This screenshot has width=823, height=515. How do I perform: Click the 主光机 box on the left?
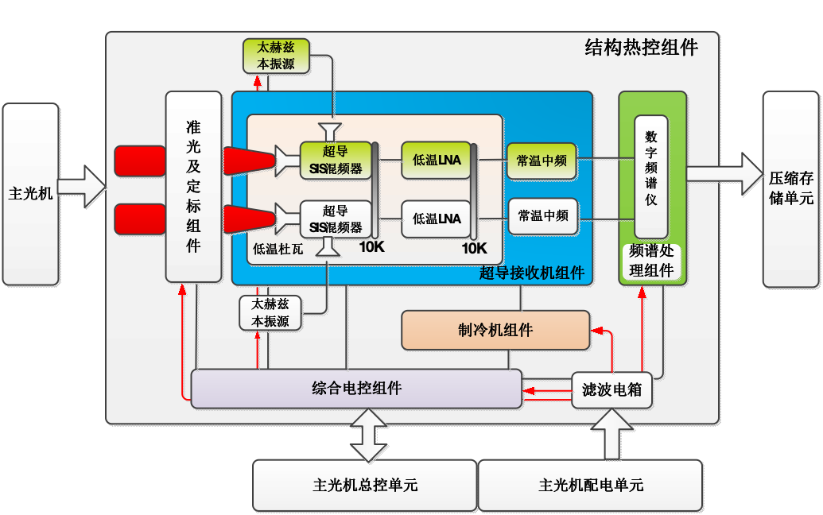coord(30,193)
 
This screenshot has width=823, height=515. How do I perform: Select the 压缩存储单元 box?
coord(790,188)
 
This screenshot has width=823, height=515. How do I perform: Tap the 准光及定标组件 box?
coord(192,186)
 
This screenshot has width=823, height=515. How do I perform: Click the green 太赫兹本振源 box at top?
coord(274,56)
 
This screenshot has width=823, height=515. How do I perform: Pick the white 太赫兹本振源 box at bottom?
coord(270,312)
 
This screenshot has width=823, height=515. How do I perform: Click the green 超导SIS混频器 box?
coord(335,160)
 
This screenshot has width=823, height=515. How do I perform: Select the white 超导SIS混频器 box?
coord(335,219)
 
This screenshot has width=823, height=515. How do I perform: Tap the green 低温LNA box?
coord(436,160)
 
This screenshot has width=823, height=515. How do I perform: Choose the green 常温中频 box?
coord(542,160)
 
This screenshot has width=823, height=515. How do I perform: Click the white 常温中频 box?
coord(542,215)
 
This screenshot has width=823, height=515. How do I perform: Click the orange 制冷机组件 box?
coord(495,330)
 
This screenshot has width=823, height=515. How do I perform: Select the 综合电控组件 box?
coord(356,389)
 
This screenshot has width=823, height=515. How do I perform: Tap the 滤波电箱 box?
coord(611,389)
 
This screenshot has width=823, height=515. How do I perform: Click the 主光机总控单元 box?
coord(365,485)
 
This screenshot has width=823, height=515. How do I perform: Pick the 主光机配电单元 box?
coord(590,485)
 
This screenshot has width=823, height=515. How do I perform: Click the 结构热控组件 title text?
coord(641,48)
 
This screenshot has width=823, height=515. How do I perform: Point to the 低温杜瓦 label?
coord(278,249)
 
